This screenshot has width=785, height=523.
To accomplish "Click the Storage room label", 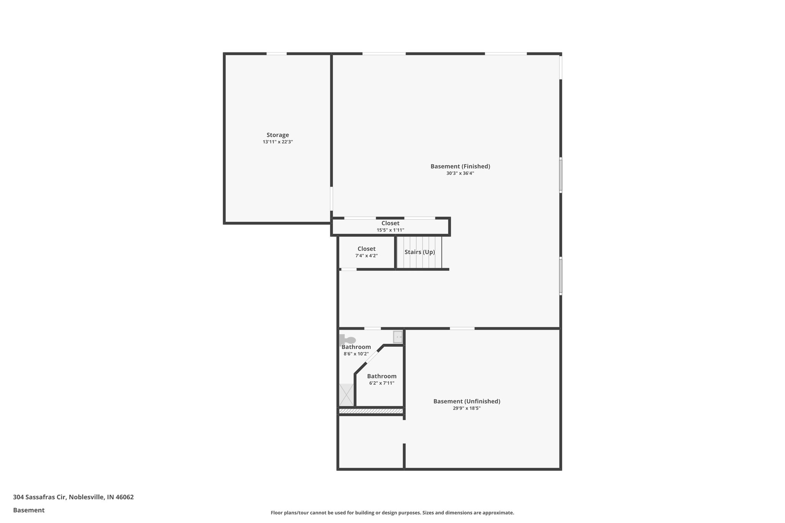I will click(278, 135).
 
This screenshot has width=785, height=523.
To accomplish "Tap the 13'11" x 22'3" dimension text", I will click(278, 142).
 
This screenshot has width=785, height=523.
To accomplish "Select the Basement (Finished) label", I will click(460, 166).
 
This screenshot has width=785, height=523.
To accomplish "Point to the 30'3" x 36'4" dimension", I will click(460, 173).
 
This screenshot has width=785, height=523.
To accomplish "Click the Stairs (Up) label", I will click(420, 252).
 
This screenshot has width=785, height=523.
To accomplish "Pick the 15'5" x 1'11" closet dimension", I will click(390, 230).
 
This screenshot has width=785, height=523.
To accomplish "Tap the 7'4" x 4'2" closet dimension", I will click(366, 256).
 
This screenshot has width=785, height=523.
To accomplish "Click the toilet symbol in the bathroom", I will click(348, 339).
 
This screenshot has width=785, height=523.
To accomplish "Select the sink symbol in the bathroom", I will click(398, 337).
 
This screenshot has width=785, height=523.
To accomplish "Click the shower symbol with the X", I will click(347, 395).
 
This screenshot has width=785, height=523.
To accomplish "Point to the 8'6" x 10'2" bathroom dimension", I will click(356, 354).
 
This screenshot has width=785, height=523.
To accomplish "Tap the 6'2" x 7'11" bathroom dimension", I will click(382, 383).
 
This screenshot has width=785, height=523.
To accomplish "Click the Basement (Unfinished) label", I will click(466, 401).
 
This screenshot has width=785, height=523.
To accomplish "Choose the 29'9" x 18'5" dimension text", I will click(466, 408).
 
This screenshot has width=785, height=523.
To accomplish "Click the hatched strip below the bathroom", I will click(371, 411).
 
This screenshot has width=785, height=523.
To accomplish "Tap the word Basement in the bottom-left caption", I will click(29, 510).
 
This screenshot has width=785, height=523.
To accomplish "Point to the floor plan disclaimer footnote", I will click(392, 513).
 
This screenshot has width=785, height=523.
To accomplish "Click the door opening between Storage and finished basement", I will click(332, 198).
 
